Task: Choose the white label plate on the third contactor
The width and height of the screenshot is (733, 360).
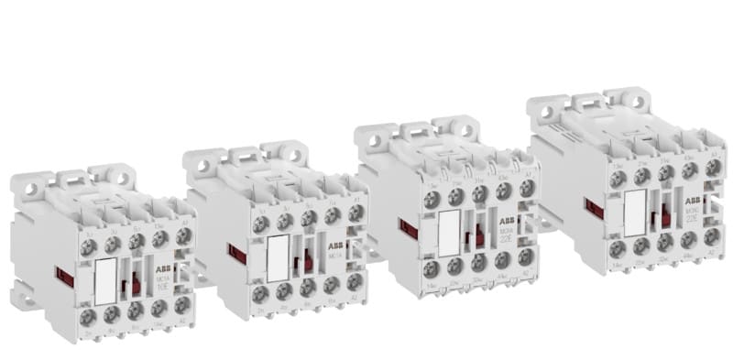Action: [x=450, y=235]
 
